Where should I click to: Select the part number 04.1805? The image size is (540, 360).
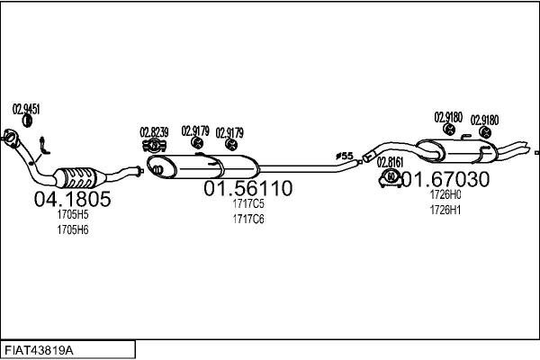pyautogui.click(x=72, y=200)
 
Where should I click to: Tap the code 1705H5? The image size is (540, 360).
pyautogui.click(x=73, y=216)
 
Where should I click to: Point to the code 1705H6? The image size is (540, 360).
pyautogui.click(x=73, y=229)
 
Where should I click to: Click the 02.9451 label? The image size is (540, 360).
pyautogui.click(x=26, y=110)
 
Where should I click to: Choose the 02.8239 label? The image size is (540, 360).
pyautogui.click(x=155, y=131)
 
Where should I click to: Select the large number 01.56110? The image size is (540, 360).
pyautogui.click(x=247, y=189)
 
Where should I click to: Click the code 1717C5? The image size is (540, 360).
pyautogui.click(x=247, y=204)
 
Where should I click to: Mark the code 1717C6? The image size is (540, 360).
pyautogui.click(x=247, y=219)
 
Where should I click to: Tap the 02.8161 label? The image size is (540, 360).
pyautogui.click(x=391, y=162)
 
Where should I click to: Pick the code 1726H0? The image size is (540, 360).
pyautogui.click(x=445, y=195)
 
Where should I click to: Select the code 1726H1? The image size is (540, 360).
pyautogui.click(x=445, y=210)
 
